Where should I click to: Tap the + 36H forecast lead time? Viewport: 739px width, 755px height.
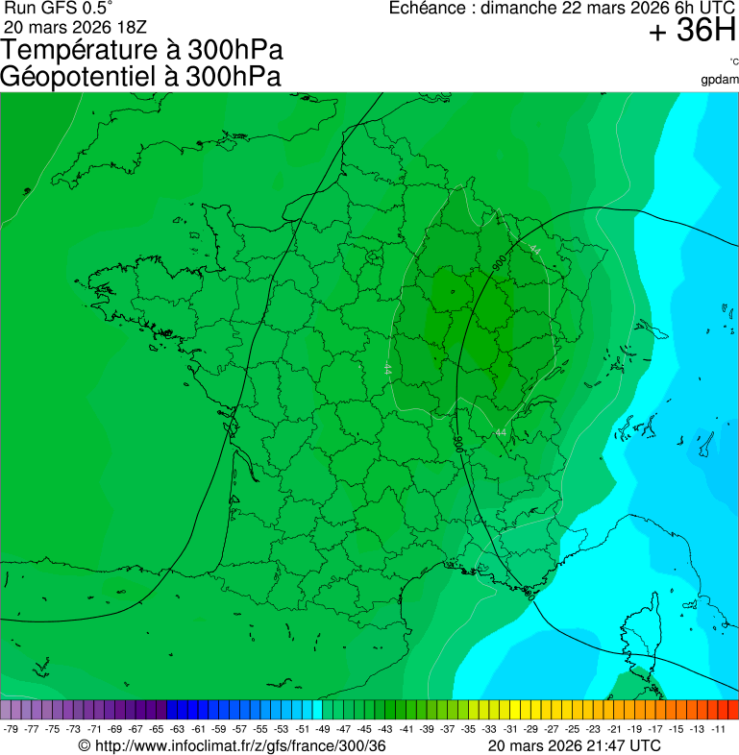[x=692, y=31]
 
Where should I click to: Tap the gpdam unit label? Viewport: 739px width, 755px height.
[x=721, y=79]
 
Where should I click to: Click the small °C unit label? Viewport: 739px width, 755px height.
[x=733, y=61]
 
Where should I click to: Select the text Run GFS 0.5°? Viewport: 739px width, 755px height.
[x=58, y=9]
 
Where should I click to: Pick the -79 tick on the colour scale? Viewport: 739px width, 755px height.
[x=12, y=729]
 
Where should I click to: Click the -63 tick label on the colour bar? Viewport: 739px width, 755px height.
[x=177, y=729]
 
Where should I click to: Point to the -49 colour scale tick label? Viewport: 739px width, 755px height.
[x=322, y=729]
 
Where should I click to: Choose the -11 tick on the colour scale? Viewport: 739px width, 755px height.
[x=717, y=729]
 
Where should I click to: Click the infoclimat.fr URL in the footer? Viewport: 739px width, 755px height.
[x=239, y=746]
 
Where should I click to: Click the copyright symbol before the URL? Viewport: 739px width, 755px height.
[x=84, y=746]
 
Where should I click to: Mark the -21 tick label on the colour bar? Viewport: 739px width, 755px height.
[x=613, y=729]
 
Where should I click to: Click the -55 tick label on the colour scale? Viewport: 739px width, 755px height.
[x=259, y=729]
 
